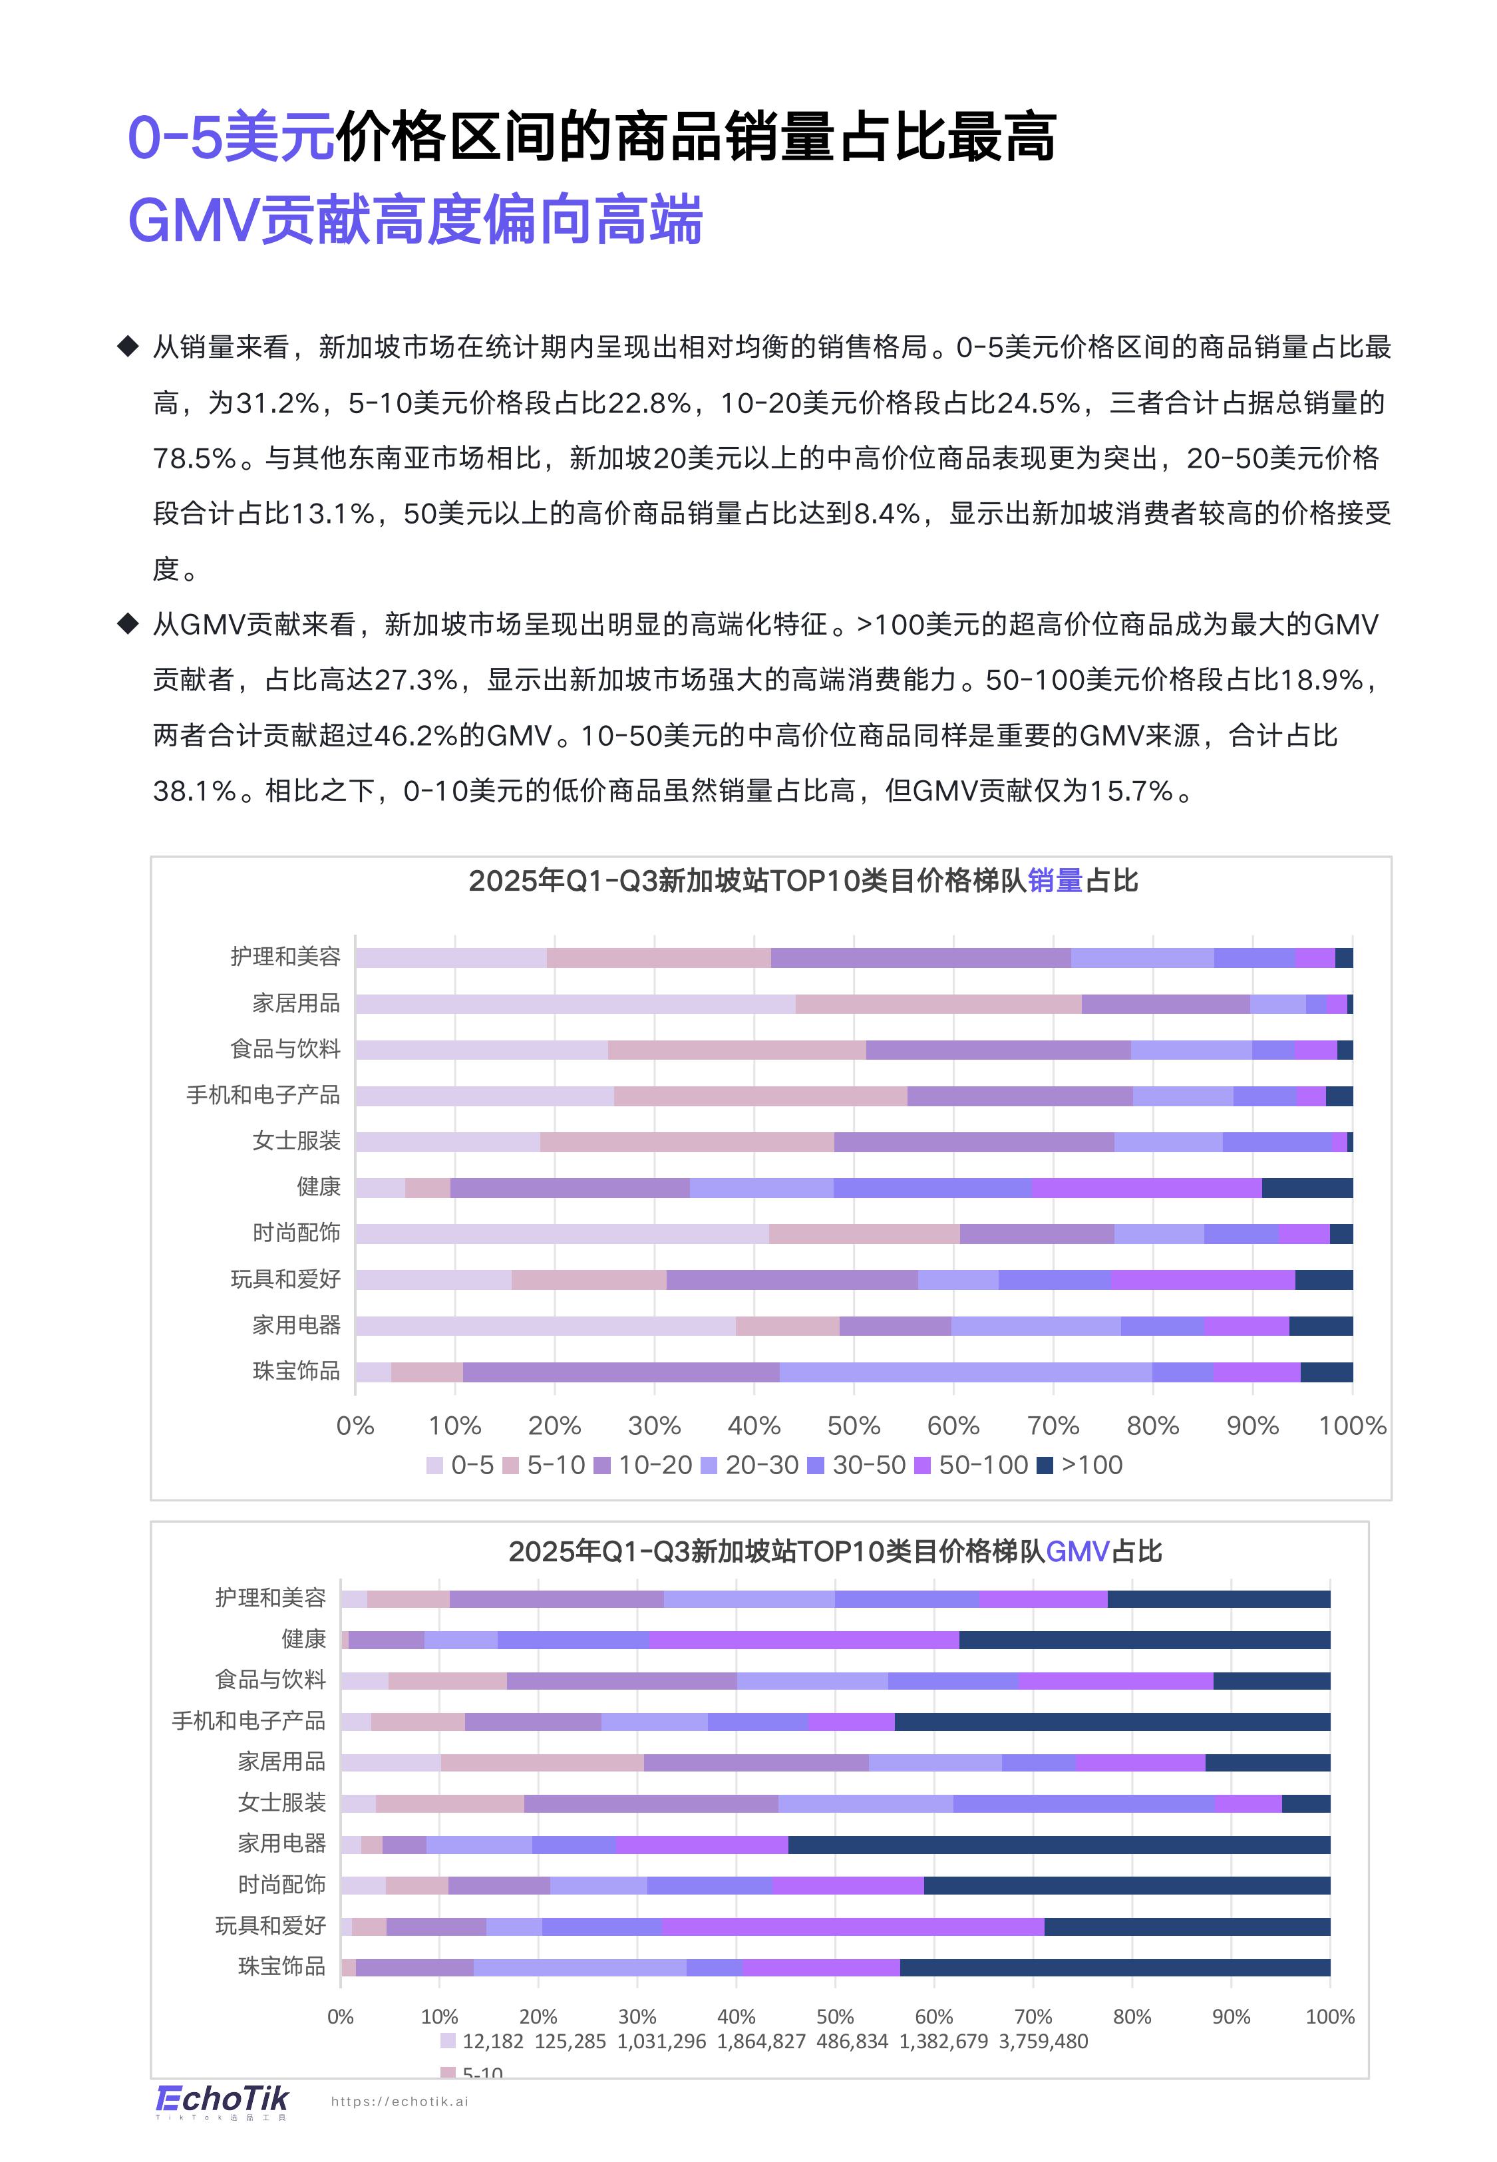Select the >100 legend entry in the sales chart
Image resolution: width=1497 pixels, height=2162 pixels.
1080,1466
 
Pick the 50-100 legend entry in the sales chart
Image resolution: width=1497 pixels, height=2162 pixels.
972,1466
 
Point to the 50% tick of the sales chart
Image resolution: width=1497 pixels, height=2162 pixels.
854,1426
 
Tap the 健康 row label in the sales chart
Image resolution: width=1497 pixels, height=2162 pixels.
319,1187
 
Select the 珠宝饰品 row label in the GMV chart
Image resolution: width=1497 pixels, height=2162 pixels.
281,1965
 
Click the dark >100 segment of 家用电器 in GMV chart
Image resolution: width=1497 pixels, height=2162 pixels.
1059,1844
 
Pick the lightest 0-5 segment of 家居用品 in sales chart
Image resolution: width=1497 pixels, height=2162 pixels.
574,1004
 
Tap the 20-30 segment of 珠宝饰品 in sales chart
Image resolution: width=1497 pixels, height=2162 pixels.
965,1372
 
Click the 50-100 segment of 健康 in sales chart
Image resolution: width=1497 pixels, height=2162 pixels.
1146,1188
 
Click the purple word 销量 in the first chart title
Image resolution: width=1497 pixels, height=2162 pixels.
1055,881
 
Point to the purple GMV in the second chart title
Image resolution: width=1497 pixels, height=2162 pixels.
1078,1552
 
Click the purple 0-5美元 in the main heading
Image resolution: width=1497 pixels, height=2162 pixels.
231,137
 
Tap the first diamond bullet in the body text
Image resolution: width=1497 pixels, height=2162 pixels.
128,347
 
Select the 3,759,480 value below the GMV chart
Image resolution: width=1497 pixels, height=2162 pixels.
1043,2041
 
